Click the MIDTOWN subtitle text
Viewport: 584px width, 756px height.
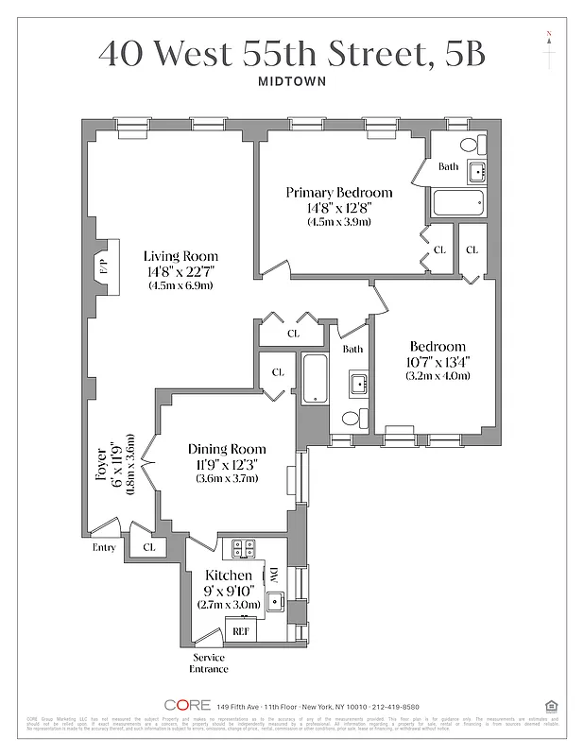click(x=291, y=80)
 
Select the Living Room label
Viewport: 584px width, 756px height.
click(x=180, y=256)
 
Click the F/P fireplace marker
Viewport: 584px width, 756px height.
click(x=103, y=266)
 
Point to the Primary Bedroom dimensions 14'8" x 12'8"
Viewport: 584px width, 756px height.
click(x=338, y=208)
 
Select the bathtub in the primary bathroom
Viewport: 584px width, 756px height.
click(x=457, y=202)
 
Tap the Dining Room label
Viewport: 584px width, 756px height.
click(x=226, y=449)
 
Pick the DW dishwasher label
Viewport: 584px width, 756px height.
click(x=273, y=576)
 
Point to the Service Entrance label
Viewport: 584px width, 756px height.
click(x=210, y=662)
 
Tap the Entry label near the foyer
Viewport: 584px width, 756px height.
click(x=103, y=547)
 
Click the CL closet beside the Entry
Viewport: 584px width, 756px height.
click(x=149, y=546)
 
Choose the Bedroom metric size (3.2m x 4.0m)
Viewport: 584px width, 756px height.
click(x=438, y=375)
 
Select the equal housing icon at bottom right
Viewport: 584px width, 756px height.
click(x=551, y=705)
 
